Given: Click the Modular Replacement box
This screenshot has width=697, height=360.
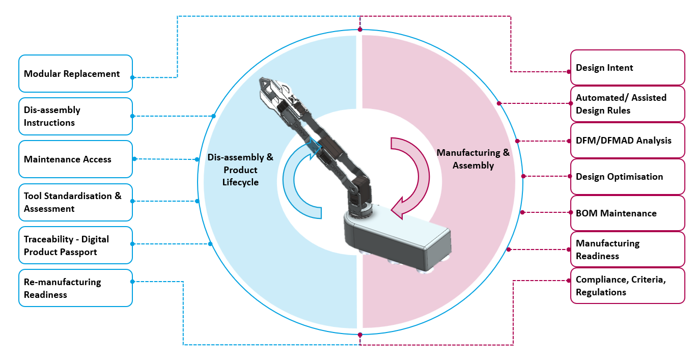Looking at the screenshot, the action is pos(76,73).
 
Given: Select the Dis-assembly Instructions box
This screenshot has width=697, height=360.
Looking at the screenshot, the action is pos(76,117).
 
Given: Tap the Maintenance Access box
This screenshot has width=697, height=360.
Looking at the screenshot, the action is pos(76,159).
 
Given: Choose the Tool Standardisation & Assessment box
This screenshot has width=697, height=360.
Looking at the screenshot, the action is pos(76,202).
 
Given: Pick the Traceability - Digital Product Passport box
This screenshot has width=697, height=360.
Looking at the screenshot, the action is pos(76,245).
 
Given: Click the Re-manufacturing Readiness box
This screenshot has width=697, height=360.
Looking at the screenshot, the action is pos(76,288).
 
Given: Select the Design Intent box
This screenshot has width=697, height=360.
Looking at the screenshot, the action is pos(628,68).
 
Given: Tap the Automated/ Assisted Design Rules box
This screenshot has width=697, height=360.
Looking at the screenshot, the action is pos(628,104).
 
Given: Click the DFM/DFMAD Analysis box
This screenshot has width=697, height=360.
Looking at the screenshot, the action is pos(628,141).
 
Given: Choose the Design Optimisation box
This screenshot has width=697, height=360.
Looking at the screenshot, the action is pos(628,177).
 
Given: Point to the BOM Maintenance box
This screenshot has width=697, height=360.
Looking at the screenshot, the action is pos(628,213).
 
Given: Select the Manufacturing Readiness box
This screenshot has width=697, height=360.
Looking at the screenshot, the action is pos(628,250).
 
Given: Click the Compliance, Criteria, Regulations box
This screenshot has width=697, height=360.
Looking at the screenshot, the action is pos(628,286).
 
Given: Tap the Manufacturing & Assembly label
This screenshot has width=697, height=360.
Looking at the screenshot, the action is pos(473,159).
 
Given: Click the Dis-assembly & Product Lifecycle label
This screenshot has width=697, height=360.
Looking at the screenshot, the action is pos(240,170).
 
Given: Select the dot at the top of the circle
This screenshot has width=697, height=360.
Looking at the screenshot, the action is pos(360,30).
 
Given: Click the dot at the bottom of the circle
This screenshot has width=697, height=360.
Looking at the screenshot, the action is pos(360,335).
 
